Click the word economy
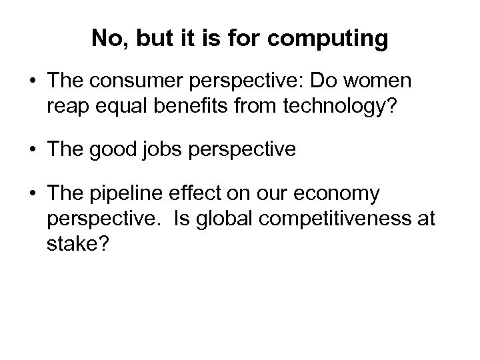(x=340, y=194)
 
